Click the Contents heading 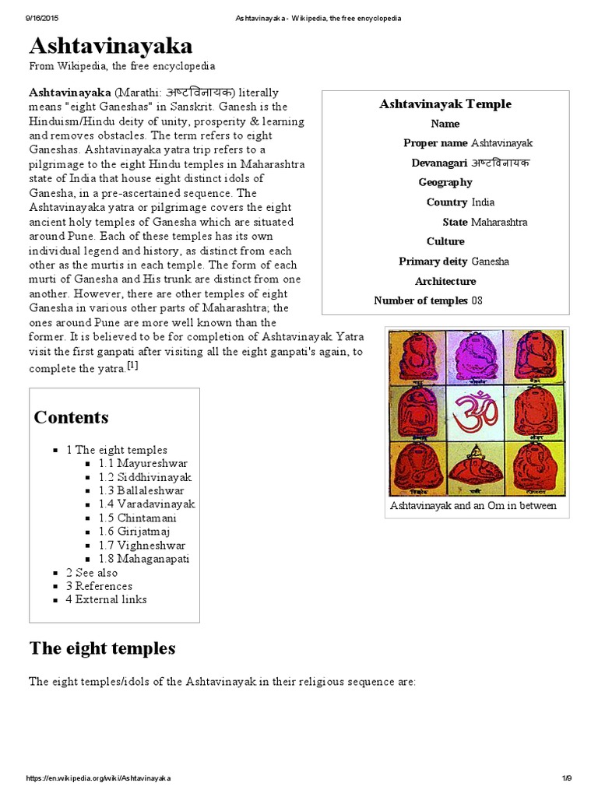71,417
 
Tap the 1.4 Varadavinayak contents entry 146,504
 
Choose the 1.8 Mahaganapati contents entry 144,559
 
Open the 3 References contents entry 99,586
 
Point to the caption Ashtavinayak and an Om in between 473,506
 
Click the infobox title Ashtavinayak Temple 445,104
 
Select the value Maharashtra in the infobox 499,222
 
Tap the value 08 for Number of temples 477,300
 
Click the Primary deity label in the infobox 433,262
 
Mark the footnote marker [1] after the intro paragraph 132,367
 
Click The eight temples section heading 102,648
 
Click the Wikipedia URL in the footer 99,778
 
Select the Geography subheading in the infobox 445,182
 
